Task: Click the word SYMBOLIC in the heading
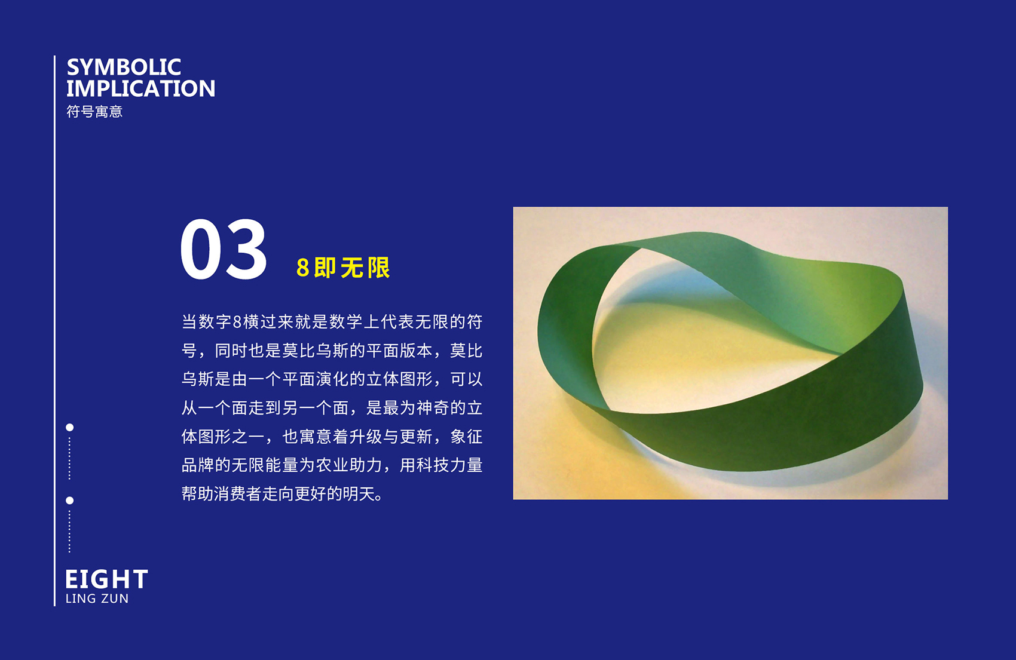coord(124,67)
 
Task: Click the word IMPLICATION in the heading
coord(140,88)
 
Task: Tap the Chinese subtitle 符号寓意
coord(94,112)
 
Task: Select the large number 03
coord(223,249)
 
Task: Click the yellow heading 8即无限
coord(343,268)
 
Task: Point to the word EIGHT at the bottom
coord(106,579)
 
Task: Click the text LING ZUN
coord(97,599)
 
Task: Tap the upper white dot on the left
coord(69,428)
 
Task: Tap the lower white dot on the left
coord(69,501)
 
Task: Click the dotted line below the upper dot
coord(69,458)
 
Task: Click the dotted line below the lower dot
coord(69,531)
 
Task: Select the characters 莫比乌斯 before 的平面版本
coord(315,351)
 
